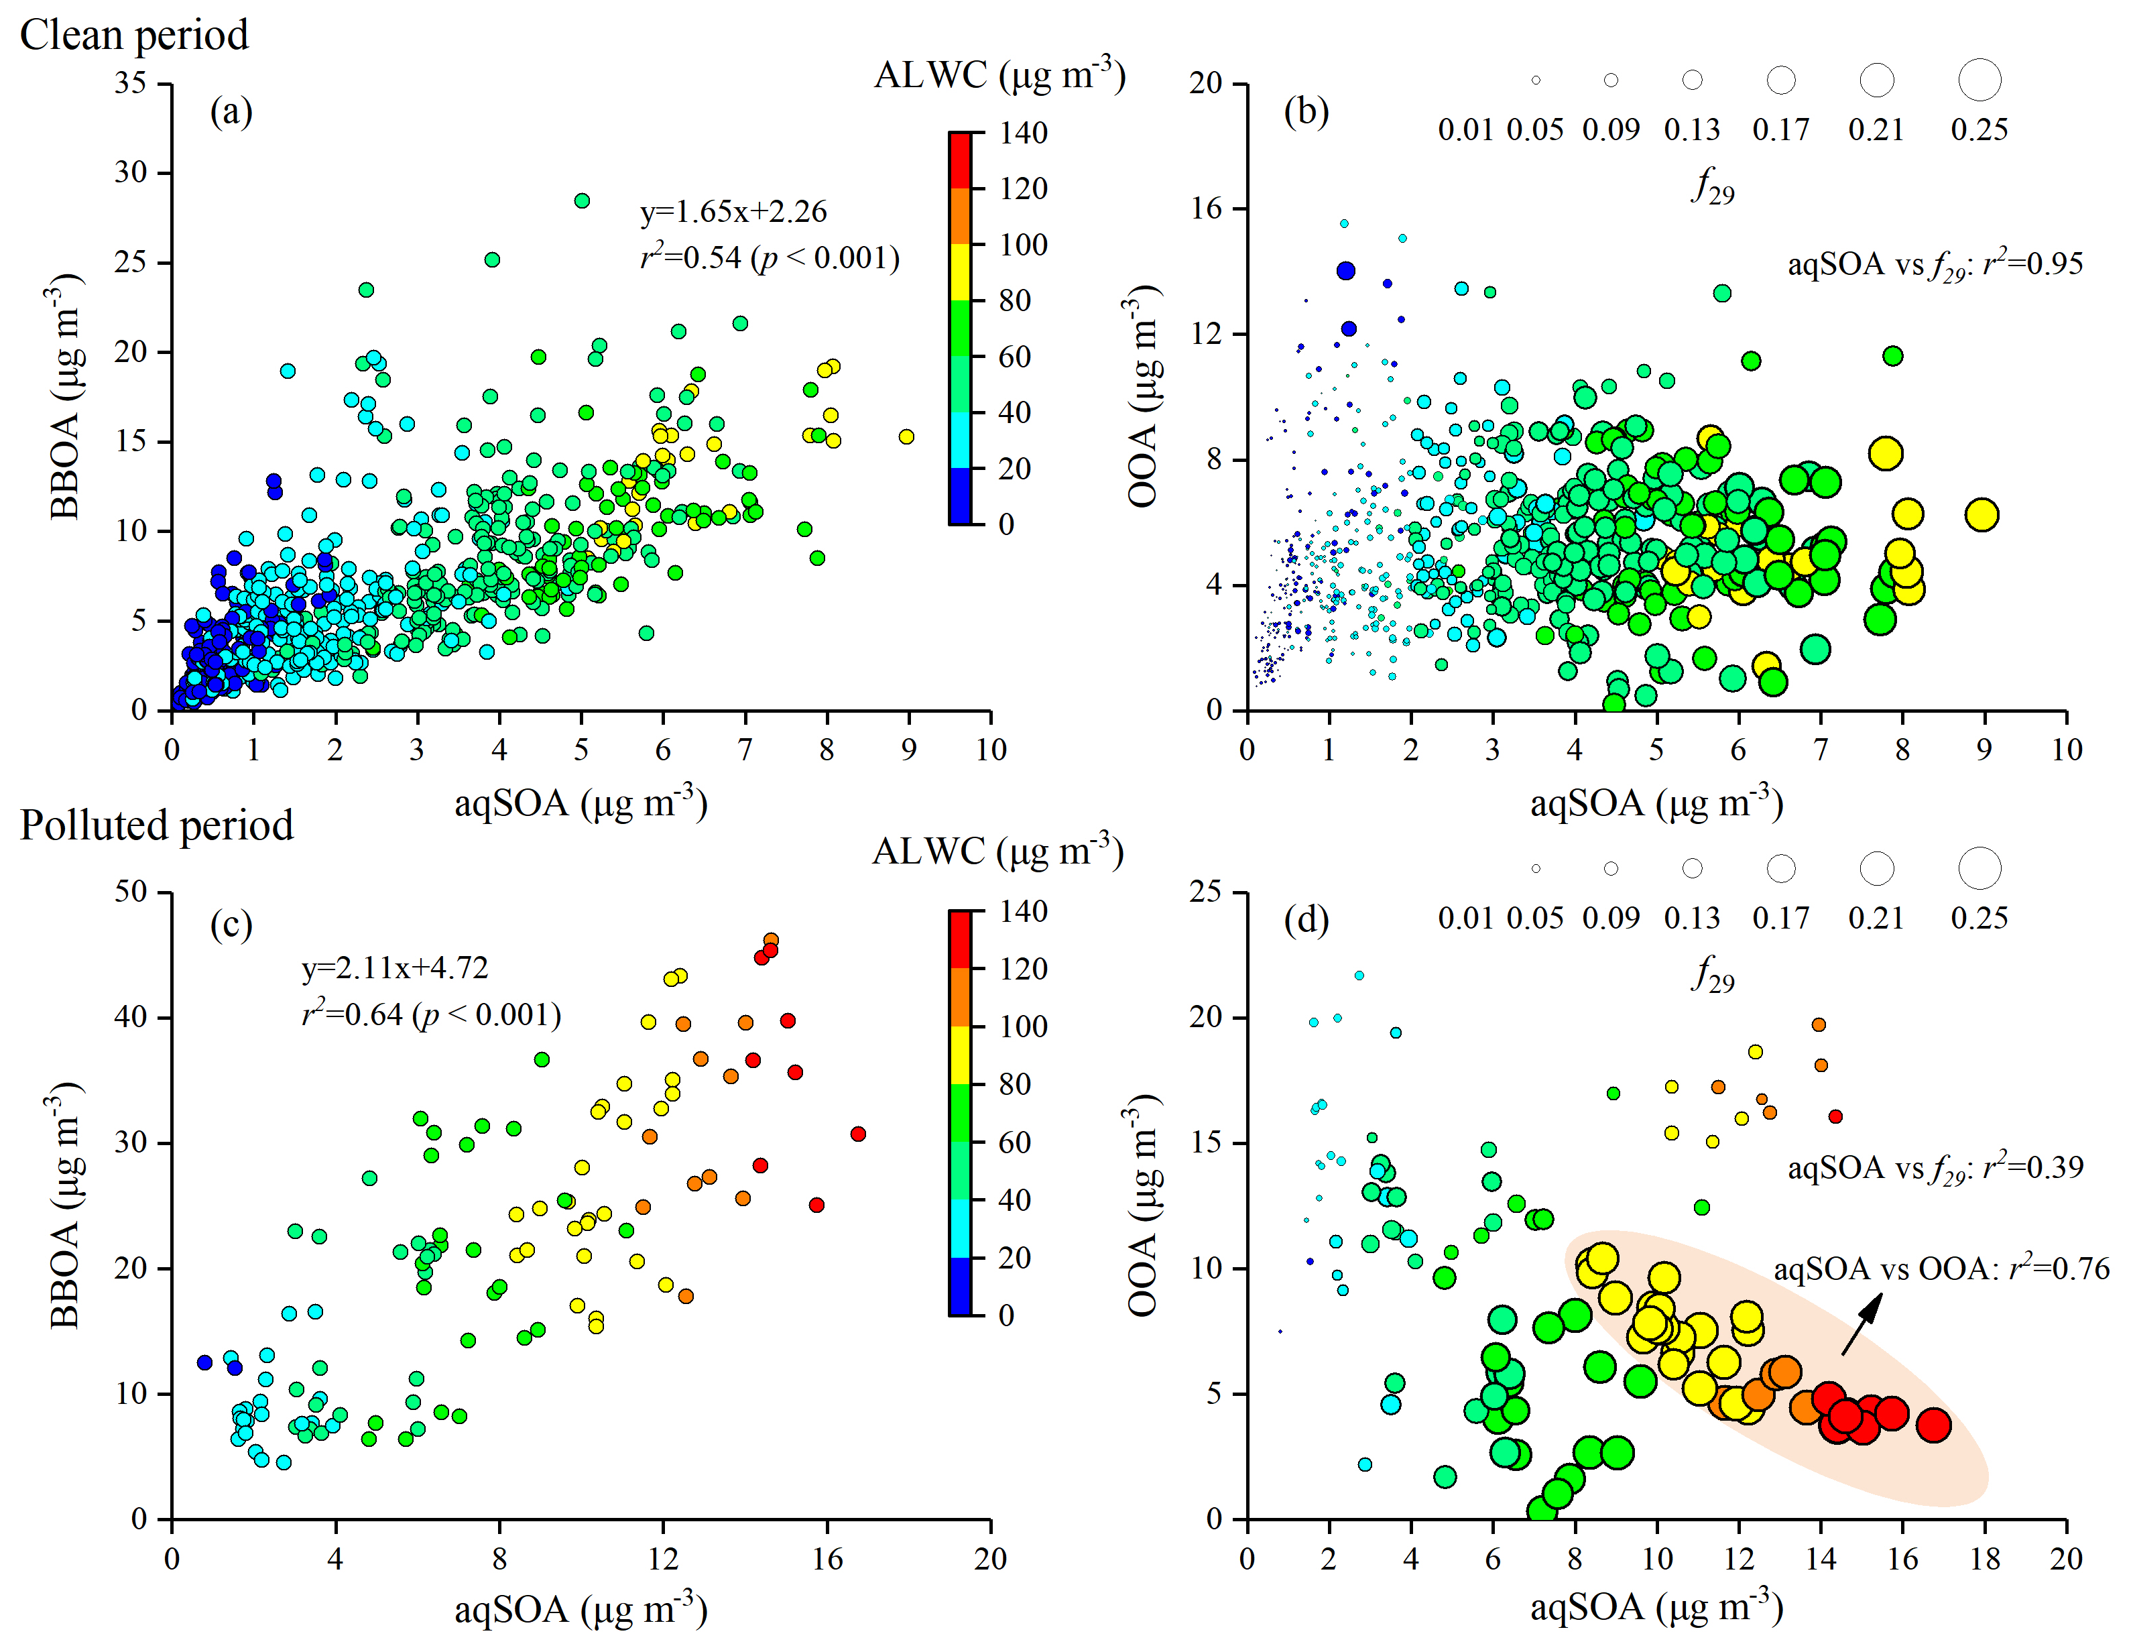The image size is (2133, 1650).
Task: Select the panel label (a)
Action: click(231, 113)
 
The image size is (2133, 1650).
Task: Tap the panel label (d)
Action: click(1306, 921)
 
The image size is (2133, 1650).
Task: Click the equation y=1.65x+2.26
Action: click(733, 212)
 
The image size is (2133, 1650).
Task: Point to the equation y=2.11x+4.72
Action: click(395, 968)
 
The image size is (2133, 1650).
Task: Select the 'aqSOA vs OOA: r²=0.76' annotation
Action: click(1941, 1269)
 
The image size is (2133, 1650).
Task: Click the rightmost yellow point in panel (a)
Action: click(906, 436)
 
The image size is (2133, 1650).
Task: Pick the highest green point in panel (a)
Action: click(582, 201)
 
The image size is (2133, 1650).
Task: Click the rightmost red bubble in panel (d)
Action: click(1933, 1425)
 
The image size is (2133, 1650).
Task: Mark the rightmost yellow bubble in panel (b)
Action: click(1982, 515)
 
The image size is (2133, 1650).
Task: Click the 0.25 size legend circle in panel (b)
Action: click(1979, 80)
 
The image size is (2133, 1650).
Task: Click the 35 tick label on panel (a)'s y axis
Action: click(131, 83)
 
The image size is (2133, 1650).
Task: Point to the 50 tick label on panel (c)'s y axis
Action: click(131, 892)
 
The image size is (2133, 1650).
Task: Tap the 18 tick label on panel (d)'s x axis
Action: click(1985, 1559)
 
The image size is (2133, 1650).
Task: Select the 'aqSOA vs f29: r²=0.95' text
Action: click(1935, 265)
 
